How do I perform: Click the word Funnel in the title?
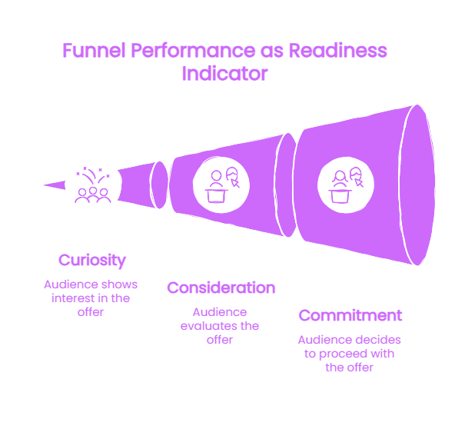pyautogui.click(x=94, y=51)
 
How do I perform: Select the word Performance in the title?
pyautogui.click(x=193, y=51)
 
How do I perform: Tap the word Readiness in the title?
pyautogui.click(x=337, y=51)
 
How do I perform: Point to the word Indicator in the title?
pyautogui.click(x=224, y=74)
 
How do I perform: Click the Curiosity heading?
pyautogui.click(x=92, y=261)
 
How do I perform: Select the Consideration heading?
pyautogui.click(x=221, y=288)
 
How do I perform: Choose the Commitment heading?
pyautogui.click(x=350, y=315)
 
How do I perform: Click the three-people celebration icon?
pyautogui.click(x=93, y=185)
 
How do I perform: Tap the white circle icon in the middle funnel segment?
pyautogui.click(x=221, y=185)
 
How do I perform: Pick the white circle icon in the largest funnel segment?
pyautogui.click(x=346, y=185)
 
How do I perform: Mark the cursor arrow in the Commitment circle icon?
pyautogui.click(x=359, y=183)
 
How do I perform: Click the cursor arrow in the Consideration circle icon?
pyautogui.click(x=235, y=183)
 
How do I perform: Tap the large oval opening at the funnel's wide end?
pyautogui.click(x=417, y=185)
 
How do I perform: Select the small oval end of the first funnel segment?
pyautogui.click(x=159, y=185)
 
